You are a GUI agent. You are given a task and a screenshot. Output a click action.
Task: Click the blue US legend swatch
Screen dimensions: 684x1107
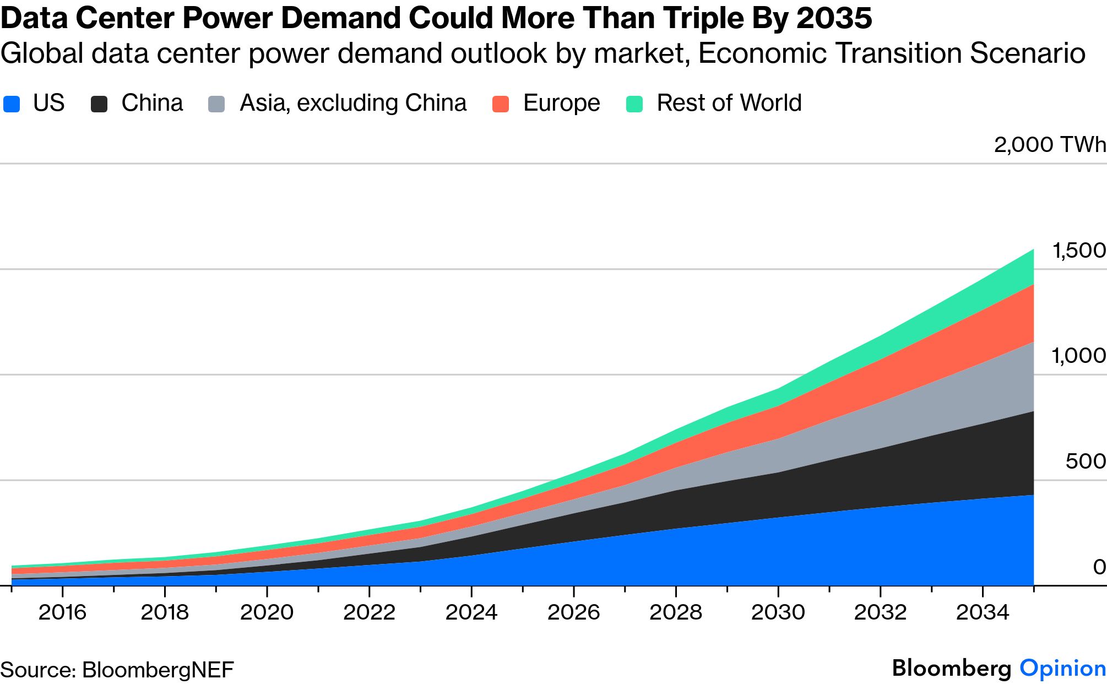tap(12, 104)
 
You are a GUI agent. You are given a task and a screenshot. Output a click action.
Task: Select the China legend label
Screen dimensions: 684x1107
tap(152, 103)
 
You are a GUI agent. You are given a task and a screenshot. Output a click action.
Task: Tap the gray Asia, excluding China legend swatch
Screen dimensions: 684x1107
tap(216, 104)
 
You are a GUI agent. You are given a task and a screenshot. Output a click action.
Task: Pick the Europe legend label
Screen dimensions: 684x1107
tap(561, 103)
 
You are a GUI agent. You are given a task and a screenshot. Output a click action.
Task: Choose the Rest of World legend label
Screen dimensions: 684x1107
tap(729, 103)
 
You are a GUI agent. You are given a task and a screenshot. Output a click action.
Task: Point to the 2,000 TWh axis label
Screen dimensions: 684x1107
tap(1050, 145)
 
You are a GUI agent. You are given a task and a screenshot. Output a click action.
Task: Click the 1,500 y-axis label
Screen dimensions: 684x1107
tap(1078, 251)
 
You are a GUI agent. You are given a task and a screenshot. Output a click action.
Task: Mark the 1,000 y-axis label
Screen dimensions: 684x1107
tap(1078, 356)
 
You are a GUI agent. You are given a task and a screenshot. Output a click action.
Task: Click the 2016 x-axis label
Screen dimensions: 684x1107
tap(62, 612)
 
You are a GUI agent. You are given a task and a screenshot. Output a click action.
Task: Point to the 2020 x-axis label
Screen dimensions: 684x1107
tap(267, 612)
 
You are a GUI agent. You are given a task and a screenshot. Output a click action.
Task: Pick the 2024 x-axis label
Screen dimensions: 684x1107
tap(471, 612)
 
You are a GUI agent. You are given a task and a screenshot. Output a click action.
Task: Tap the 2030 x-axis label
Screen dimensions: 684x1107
tap(778, 612)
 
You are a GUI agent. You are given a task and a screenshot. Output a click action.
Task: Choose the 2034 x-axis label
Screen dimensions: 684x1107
tap(983, 612)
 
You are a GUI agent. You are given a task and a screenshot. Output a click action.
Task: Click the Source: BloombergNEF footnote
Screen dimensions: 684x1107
tap(117, 670)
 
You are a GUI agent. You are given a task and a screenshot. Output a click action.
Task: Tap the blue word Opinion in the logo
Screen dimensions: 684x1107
tap(1062, 669)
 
